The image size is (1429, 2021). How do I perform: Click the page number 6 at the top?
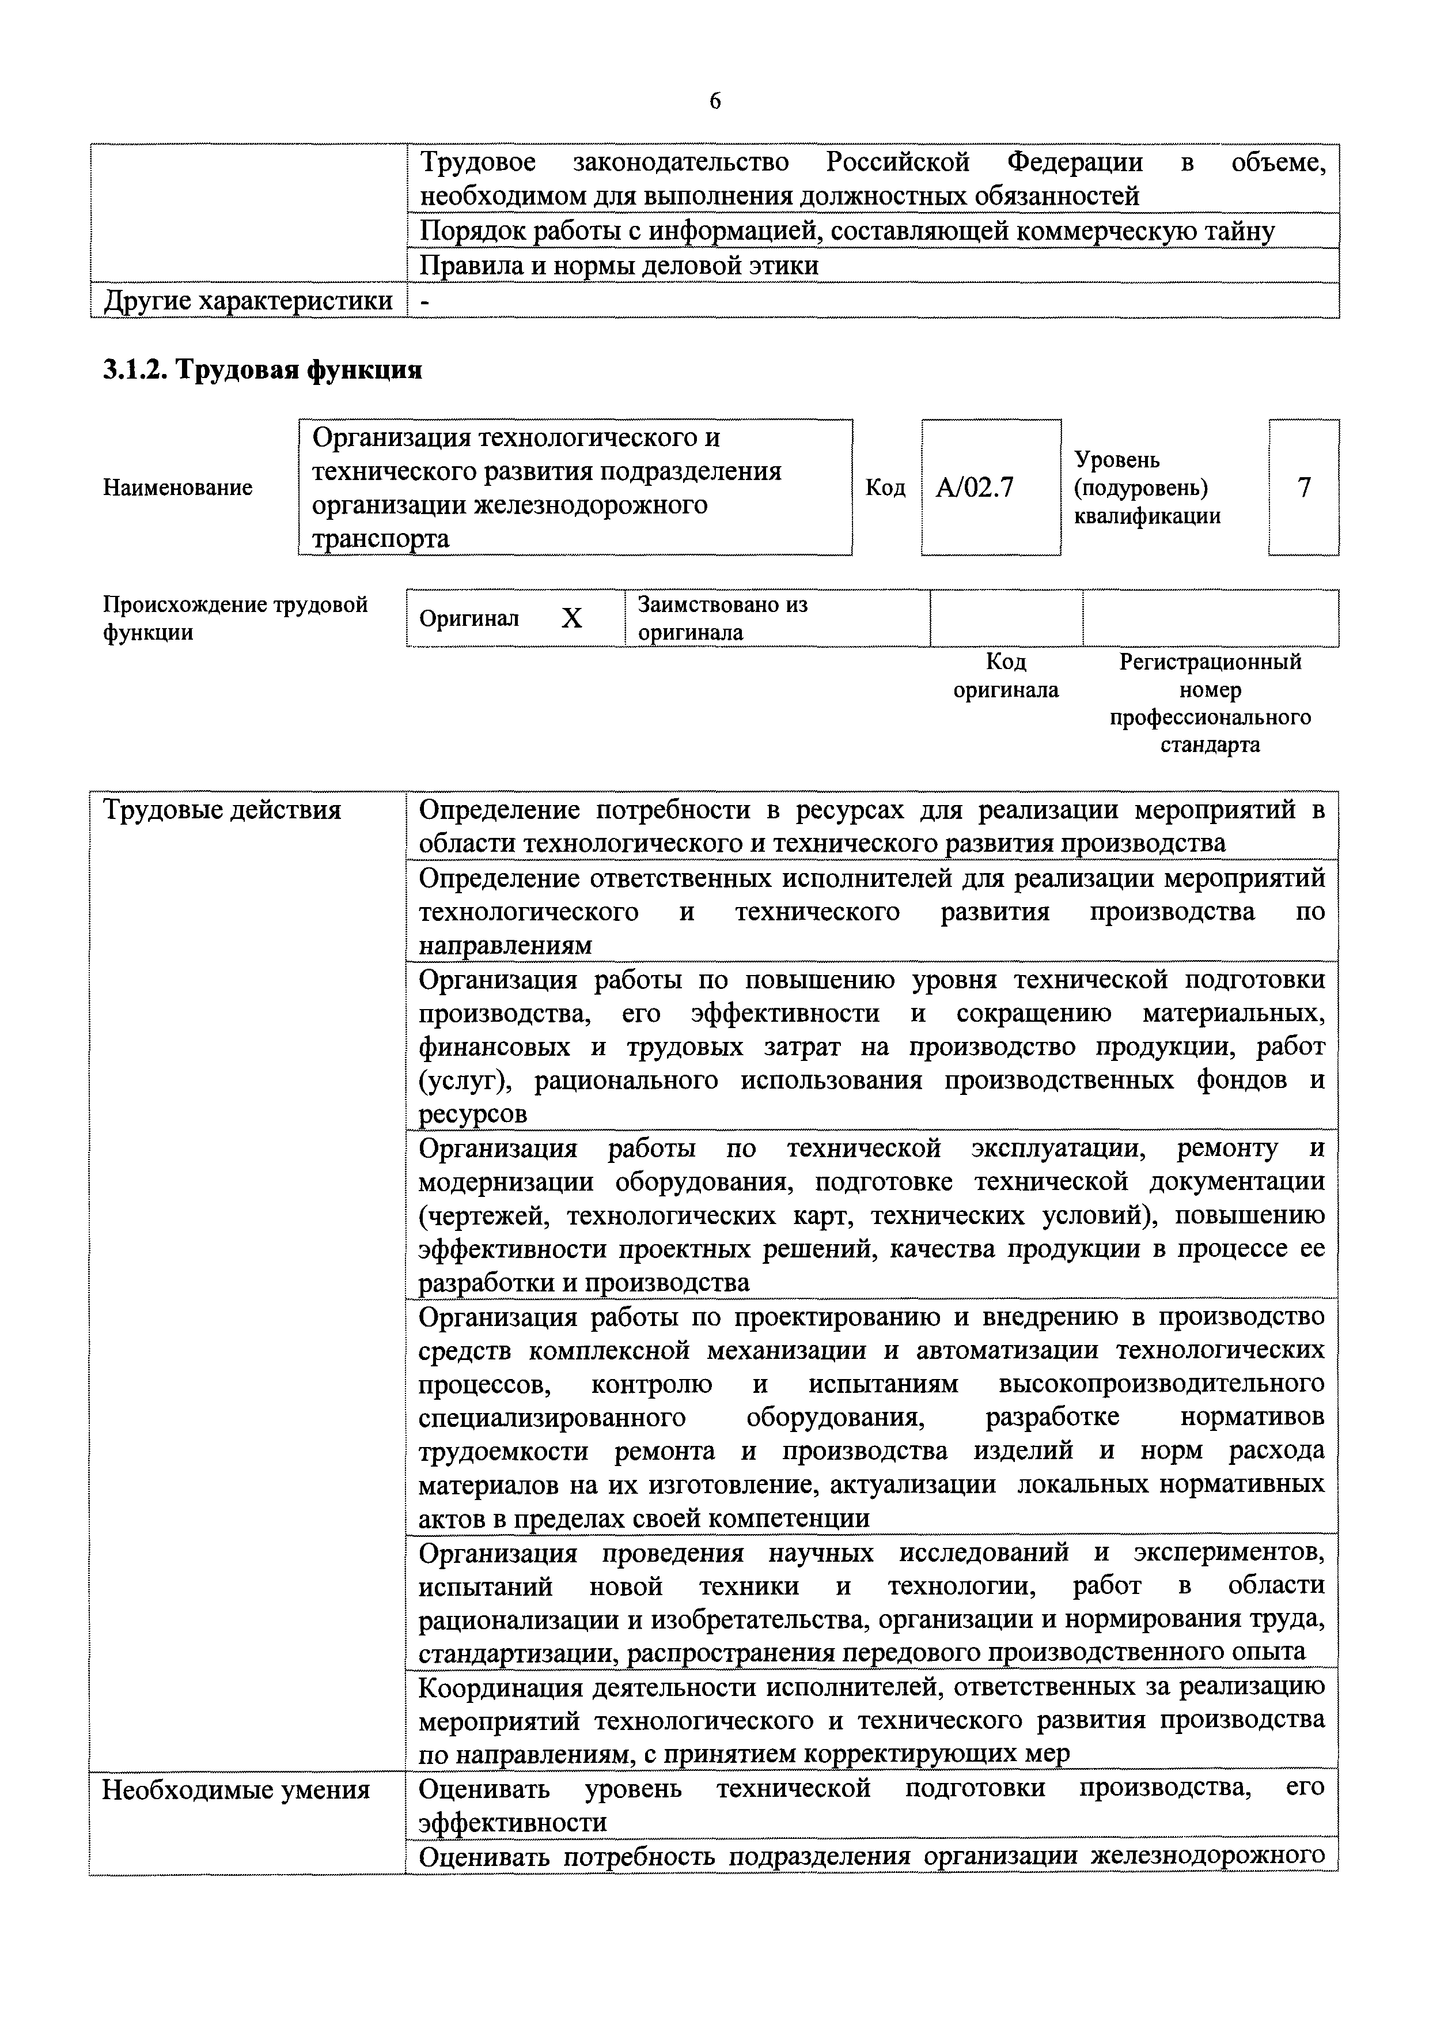coord(714,102)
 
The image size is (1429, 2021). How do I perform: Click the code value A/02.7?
coord(975,488)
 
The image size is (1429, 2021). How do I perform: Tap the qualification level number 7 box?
coord(1304,487)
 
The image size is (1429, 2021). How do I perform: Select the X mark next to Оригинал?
coord(572,619)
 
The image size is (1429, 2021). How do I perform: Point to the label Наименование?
coord(178,488)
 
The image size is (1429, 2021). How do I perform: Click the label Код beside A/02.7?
coord(885,488)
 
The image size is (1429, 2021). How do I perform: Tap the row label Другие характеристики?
coord(248,301)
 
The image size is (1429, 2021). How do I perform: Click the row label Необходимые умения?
coord(236,1789)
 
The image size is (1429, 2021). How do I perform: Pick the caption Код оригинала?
coord(1006,676)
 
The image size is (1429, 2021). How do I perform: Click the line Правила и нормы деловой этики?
coord(619,266)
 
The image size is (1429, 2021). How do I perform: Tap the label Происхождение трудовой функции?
coord(235,619)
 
